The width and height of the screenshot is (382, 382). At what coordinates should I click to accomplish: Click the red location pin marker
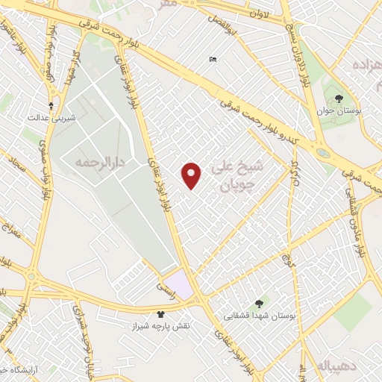(192, 175)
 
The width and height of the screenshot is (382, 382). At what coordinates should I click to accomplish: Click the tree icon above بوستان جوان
(338, 98)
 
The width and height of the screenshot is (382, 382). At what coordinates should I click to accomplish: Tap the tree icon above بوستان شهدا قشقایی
(259, 303)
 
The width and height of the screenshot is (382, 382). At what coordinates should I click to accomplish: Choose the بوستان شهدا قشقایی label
(260, 316)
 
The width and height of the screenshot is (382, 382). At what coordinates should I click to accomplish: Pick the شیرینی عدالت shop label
(48, 118)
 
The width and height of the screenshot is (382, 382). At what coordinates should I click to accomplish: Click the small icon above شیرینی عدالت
(51, 105)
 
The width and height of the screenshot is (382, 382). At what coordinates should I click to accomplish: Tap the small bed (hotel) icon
(213, 60)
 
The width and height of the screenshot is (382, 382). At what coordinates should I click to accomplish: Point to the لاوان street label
(258, 13)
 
